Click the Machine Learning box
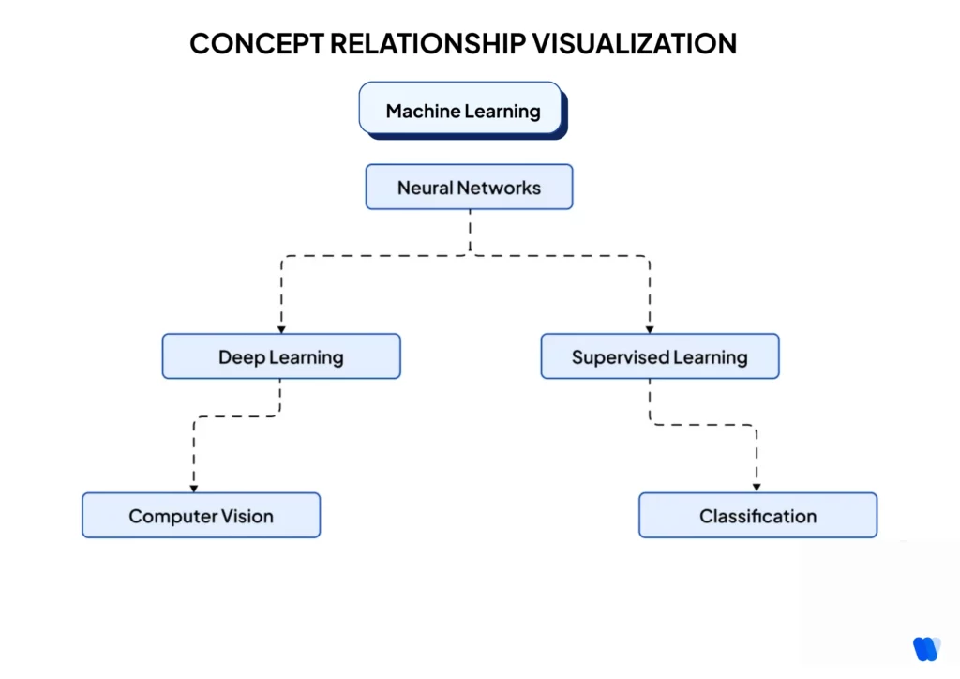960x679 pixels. pyautogui.click(x=461, y=111)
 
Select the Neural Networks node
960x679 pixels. pyautogui.click(x=469, y=188)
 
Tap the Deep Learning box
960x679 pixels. pyautogui.click(x=281, y=356)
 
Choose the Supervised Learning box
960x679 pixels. pyautogui.click(x=660, y=356)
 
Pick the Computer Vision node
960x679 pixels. pyautogui.click(x=201, y=516)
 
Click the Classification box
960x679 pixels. pyautogui.click(x=757, y=516)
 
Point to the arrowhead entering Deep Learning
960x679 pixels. pyautogui.click(x=281, y=328)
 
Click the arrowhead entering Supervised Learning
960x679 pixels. pyautogui.click(x=649, y=328)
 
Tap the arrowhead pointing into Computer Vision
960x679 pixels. pyautogui.click(x=193, y=488)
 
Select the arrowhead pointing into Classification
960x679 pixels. pyautogui.click(x=757, y=488)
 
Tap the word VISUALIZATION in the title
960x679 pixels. pyautogui.click(x=634, y=43)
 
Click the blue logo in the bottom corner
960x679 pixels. pyautogui.click(x=926, y=648)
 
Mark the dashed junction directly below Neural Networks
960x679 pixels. pyautogui.click(x=470, y=255)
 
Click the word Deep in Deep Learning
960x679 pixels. pyautogui.click(x=242, y=356)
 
